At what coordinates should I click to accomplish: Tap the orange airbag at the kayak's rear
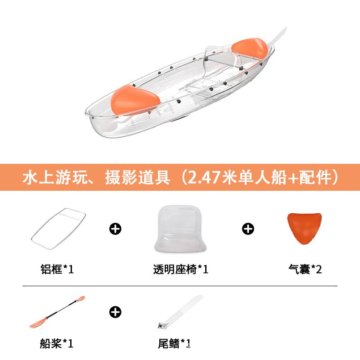click(250, 49)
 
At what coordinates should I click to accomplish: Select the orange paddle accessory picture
click(58, 311)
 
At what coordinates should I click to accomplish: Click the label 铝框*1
click(57, 269)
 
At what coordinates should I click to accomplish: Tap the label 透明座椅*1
click(181, 269)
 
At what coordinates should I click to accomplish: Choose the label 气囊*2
click(305, 269)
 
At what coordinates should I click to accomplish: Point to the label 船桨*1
click(57, 343)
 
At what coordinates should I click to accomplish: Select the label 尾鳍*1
click(174, 343)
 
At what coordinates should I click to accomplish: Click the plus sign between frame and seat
click(115, 229)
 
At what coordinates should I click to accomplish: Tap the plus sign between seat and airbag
click(248, 229)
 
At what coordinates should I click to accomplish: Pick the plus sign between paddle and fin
click(115, 312)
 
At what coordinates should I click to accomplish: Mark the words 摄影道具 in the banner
click(138, 177)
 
